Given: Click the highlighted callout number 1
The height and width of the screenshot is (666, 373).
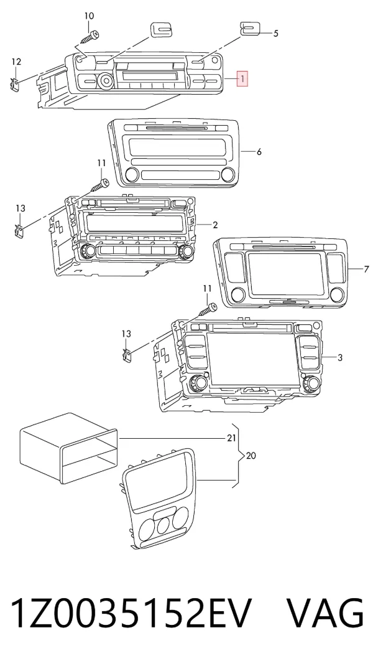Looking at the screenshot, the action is [x=242, y=79].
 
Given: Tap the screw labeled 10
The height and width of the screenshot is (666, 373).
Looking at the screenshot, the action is [x=90, y=37].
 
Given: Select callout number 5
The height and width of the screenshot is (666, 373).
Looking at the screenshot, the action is [x=275, y=33].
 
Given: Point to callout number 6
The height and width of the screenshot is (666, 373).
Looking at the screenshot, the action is [x=259, y=152].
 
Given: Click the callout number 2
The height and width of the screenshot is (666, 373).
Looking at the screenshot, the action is [x=215, y=224].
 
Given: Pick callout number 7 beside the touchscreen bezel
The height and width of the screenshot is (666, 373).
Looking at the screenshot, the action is [x=366, y=269].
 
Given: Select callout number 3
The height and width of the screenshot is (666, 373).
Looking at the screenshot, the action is [x=339, y=358].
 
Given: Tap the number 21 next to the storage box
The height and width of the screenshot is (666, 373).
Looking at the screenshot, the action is [x=231, y=438].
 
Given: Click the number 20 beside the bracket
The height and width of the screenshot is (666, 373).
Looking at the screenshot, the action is [x=251, y=456].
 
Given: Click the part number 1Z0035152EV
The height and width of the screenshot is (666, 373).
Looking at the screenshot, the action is [x=131, y=613].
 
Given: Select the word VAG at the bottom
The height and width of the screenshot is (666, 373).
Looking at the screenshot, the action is [x=326, y=613].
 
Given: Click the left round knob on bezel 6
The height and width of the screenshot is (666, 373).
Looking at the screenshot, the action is [x=132, y=174].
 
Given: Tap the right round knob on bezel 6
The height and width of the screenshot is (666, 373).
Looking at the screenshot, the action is [x=228, y=174].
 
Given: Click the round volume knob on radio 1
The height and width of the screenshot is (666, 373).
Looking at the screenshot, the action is [x=104, y=80].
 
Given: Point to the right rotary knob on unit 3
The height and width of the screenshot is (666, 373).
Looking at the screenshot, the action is [x=314, y=383].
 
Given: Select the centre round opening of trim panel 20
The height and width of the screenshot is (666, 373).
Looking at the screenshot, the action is [x=162, y=526].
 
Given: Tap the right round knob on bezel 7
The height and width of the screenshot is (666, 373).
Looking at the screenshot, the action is [x=337, y=294].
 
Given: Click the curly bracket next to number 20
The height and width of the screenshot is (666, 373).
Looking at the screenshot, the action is [x=239, y=455].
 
